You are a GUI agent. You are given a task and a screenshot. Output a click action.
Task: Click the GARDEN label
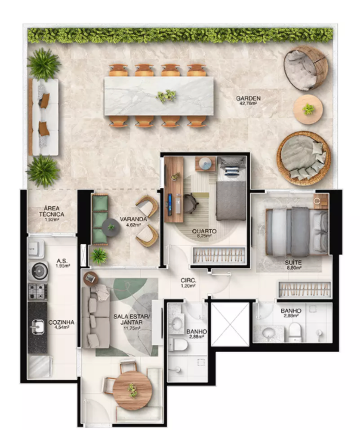click(x=248, y=98)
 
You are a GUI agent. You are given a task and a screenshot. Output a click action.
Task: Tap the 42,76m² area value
click(x=248, y=103)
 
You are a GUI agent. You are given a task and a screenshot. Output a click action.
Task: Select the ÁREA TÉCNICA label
click(x=52, y=212)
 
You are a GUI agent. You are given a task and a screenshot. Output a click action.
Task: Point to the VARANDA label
click(x=133, y=219)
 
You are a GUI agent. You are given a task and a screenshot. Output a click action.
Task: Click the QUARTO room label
click(x=204, y=231)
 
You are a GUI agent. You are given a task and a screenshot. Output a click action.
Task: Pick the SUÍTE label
click(x=293, y=263)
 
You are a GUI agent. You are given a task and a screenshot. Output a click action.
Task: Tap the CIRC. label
click(x=188, y=280)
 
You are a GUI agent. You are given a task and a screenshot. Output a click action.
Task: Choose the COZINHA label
click(x=62, y=322)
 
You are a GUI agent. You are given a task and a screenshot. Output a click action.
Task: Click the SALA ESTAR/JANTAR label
click(x=132, y=319)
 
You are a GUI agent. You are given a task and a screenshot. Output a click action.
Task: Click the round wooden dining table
click(x=132, y=390)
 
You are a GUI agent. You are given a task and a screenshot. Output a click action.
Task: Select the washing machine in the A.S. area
click(x=38, y=271)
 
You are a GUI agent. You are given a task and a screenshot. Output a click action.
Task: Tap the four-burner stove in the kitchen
click(x=38, y=292)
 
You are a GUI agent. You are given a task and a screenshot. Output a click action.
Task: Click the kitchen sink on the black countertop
click(x=37, y=327)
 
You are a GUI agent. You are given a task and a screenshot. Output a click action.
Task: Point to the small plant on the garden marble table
click(x=166, y=96)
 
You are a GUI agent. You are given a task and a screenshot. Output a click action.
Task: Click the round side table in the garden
click(x=308, y=110)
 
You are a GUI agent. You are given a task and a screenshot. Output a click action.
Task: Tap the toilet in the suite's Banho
click(x=295, y=332)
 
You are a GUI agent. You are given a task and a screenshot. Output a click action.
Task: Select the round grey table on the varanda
click(x=111, y=227)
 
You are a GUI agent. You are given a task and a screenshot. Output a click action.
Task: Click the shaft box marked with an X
click(x=230, y=324)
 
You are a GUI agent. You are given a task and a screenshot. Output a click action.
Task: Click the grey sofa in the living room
click(x=96, y=317)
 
